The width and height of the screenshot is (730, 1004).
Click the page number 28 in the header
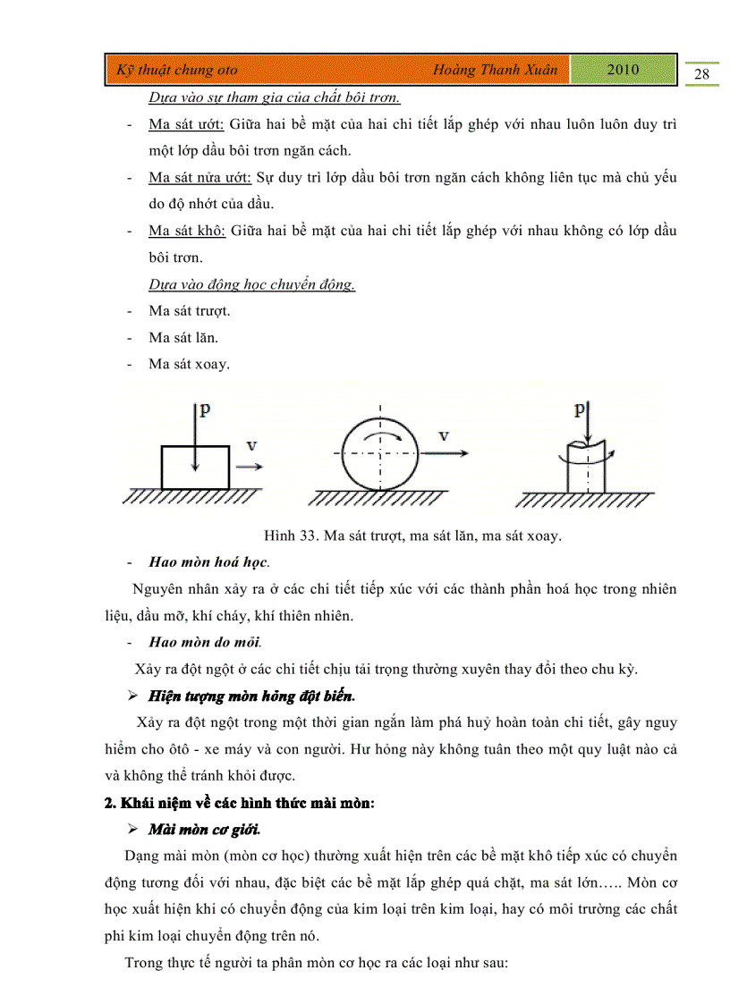tap(701, 74)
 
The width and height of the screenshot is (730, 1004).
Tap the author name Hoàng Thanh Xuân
tap(494, 70)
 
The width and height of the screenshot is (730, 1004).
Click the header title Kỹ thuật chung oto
tap(177, 70)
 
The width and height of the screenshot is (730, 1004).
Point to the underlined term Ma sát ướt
tap(187, 124)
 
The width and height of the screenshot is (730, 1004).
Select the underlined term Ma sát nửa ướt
tap(201, 177)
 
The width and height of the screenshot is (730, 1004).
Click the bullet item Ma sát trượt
tap(190, 311)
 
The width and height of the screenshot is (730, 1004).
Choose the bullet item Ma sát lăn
tap(183, 337)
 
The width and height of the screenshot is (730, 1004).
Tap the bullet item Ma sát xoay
tap(189, 364)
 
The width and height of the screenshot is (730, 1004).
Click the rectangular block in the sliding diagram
tap(195, 467)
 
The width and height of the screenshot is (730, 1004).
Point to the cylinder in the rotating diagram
tap(587, 465)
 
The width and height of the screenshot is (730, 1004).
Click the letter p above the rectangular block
tap(205, 409)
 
